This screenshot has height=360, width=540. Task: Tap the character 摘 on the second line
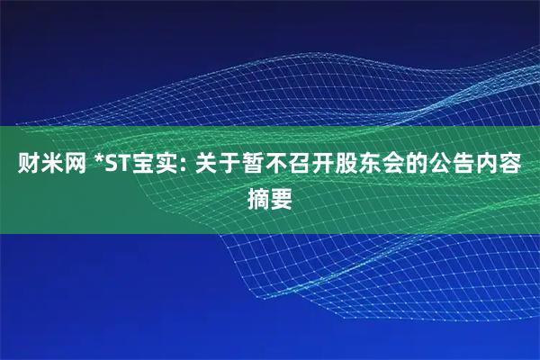click(x=258, y=195)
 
